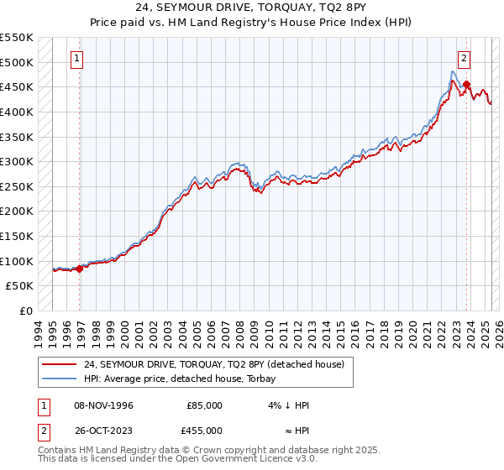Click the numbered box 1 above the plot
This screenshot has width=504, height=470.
point(77,59)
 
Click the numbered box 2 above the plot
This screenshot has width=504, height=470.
point(465,59)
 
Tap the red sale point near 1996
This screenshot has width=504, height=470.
point(80,269)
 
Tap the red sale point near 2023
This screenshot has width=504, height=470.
point(467,85)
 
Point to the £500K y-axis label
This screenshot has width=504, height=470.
point(17,62)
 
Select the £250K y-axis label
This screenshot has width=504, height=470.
point(17,186)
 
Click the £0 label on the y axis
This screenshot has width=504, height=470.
point(26,311)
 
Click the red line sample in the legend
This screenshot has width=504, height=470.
point(58,364)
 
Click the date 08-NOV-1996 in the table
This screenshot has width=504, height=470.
point(103,405)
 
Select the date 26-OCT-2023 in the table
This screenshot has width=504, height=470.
point(103,431)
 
